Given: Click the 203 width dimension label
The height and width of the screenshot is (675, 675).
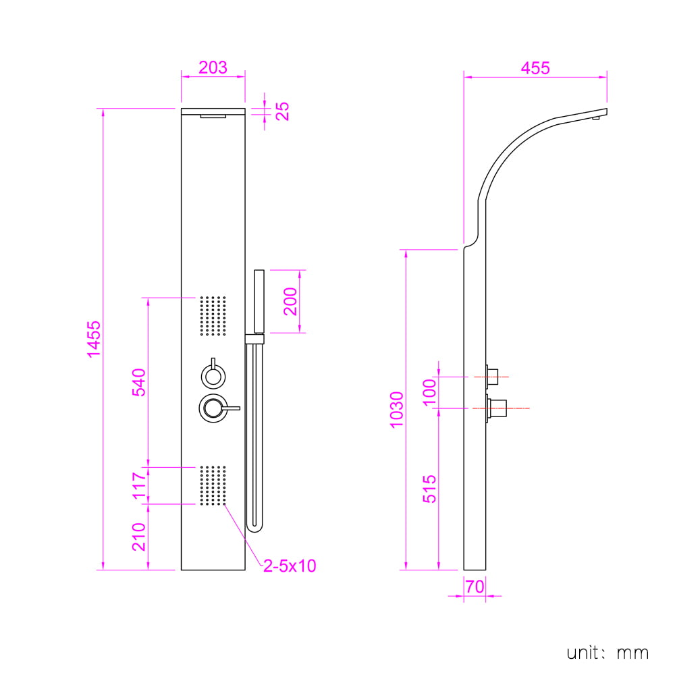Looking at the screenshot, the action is [x=213, y=67].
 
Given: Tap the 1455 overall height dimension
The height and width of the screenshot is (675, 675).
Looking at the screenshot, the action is [x=94, y=340].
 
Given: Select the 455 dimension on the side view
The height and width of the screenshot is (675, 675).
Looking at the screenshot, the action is [x=535, y=68].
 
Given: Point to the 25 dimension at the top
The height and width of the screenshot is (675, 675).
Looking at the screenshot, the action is [x=282, y=111].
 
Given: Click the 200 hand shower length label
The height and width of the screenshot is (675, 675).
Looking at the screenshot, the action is [x=290, y=301].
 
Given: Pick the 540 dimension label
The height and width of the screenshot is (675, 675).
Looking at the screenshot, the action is [x=139, y=382].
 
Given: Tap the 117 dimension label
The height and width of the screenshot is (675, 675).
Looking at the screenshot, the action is [x=139, y=485].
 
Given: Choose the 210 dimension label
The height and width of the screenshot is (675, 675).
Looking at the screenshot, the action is [x=139, y=537].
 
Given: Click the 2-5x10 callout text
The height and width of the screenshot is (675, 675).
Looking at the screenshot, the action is [x=290, y=566].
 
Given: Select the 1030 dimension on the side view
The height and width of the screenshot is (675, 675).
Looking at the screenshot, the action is [x=396, y=410].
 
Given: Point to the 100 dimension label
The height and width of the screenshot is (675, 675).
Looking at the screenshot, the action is [x=429, y=392].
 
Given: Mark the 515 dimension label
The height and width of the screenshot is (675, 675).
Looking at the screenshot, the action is [x=429, y=489].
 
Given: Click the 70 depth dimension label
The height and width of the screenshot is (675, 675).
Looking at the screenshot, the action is [x=475, y=587].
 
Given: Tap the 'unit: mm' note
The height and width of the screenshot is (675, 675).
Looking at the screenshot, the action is [x=607, y=653].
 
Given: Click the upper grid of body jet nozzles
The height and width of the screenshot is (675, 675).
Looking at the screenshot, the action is [x=213, y=315].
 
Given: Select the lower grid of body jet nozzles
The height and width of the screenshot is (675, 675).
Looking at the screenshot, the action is [x=213, y=485].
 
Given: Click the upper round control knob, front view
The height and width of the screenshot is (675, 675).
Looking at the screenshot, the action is [x=213, y=375].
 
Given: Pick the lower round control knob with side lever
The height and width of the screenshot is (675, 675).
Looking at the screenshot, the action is [x=213, y=408].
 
